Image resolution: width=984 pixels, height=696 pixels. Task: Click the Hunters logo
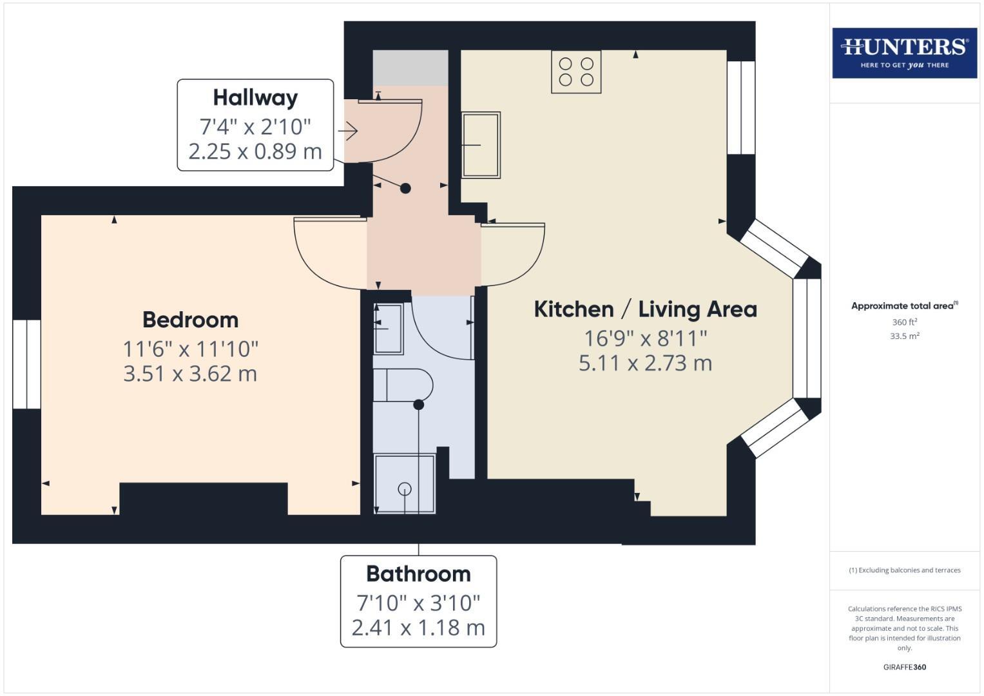904,53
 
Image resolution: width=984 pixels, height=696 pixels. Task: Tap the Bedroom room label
190,320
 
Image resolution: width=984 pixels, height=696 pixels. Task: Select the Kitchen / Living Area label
645,309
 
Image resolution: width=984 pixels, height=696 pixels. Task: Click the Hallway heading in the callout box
255,98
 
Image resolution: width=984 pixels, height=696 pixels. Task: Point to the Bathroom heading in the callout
418,574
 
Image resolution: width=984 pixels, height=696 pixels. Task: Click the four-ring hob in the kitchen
576,72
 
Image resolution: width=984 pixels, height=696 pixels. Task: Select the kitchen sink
481,145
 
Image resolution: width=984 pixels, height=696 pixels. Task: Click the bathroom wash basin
388,329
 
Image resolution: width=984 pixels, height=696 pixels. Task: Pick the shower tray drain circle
405,488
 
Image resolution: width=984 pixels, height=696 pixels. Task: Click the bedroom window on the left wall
27,364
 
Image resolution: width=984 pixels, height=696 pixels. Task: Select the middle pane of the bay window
807,338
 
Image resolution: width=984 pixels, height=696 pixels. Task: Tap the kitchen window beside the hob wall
740,108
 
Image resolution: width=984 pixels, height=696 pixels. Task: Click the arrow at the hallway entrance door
348,131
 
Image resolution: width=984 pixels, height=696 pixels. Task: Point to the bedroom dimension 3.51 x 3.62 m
190,374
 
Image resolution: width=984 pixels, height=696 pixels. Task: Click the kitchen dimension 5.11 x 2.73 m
645,363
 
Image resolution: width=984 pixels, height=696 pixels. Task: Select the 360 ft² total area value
904,322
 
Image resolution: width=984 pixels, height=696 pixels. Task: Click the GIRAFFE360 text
904,667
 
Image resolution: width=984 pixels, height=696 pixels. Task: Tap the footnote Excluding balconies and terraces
904,570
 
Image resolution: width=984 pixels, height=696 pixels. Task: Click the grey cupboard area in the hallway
410,68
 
